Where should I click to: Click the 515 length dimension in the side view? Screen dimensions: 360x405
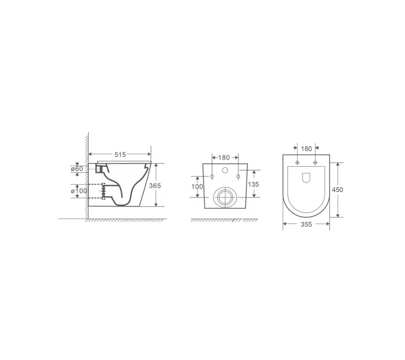coord(120,155)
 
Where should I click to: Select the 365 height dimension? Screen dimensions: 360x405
coord(154,186)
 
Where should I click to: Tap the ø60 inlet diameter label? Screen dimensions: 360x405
coord(77,169)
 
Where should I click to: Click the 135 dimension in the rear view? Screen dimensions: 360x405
coord(253,184)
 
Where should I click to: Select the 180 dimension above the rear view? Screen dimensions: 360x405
coord(224,158)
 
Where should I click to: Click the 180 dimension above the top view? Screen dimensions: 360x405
coord(306,148)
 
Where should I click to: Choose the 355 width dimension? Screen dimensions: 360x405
coord(306,226)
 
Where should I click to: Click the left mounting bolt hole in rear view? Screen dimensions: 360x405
coord(211,176)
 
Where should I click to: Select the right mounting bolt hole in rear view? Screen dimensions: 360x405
coord(238,176)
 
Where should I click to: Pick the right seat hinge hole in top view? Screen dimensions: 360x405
coord(314,163)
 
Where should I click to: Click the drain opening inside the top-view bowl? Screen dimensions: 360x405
coord(306,178)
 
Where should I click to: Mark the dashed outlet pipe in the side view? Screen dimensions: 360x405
coord(97,191)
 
